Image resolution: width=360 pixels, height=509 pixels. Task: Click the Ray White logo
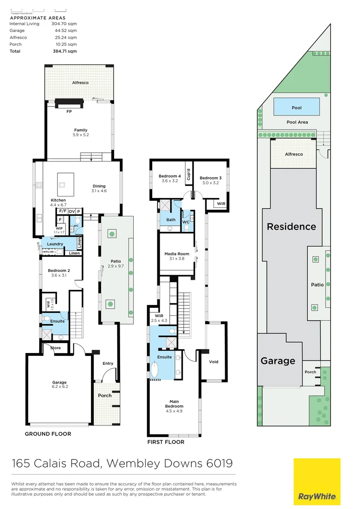(317, 481)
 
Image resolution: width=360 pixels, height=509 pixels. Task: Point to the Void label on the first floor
(214, 362)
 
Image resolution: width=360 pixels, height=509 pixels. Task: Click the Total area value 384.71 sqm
(66, 51)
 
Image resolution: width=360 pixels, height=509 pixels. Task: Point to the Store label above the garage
(56, 348)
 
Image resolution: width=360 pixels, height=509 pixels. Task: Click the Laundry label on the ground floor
(55, 244)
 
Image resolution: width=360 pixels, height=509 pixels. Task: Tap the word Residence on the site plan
(291, 227)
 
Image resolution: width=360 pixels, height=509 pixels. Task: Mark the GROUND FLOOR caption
(48, 434)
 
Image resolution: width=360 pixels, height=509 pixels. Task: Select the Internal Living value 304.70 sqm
(66, 23)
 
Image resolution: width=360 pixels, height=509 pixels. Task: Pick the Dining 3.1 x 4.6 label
(99, 189)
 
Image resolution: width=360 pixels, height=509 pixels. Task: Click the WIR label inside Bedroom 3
(221, 204)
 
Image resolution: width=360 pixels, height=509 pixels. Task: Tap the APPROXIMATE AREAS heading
(34, 17)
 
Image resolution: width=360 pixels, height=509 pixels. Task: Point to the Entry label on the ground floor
(108, 363)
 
